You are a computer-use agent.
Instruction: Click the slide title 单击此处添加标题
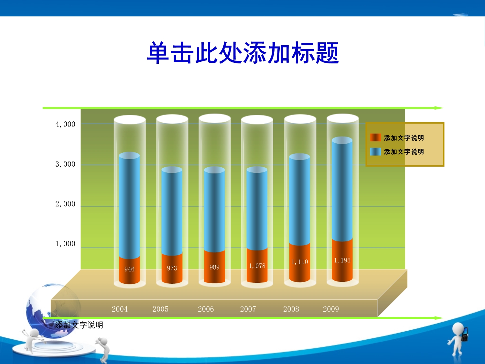242,53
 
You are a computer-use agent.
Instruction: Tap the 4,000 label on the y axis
65,125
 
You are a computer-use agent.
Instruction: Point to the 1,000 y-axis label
65,244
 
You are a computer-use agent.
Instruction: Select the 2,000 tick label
65,204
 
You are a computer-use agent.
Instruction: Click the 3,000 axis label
65,164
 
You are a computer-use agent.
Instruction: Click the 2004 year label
120,309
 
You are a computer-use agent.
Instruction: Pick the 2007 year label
248,309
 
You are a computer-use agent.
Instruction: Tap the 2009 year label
331,309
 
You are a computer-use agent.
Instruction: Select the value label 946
129,269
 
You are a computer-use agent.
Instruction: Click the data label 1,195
342,260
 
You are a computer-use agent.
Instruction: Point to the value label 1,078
257,266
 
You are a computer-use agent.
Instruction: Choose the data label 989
214,267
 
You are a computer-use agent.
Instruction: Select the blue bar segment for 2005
172,211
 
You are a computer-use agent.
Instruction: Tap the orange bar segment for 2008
300,262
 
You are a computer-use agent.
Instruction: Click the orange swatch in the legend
375,138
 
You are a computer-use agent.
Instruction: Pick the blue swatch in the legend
375,152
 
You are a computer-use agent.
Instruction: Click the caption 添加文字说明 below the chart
79,325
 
